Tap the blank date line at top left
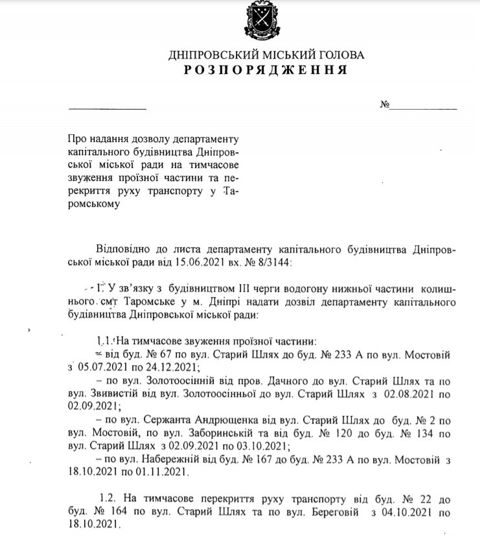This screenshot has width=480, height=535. click(x=108, y=107)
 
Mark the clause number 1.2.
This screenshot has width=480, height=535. click(x=109, y=499)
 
